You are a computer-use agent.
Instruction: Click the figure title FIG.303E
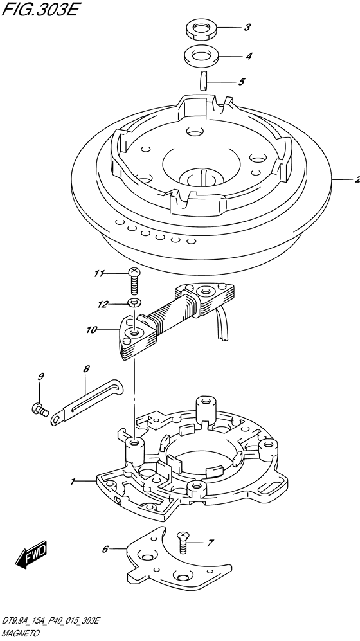[x=39, y=9]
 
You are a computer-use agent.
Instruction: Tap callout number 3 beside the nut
[x=248, y=28]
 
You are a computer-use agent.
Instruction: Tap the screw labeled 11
[x=134, y=281]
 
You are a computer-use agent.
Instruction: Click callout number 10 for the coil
[x=91, y=329]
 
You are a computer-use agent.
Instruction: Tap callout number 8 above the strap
[x=85, y=369]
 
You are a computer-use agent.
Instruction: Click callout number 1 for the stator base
[x=73, y=482]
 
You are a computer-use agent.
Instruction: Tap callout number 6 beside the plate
[x=105, y=549]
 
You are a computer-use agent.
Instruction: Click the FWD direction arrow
[x=32, y=554]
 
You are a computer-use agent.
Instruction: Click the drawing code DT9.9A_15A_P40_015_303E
[x=50, y=622]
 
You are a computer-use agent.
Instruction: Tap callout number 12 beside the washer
[x=103, y=304]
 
